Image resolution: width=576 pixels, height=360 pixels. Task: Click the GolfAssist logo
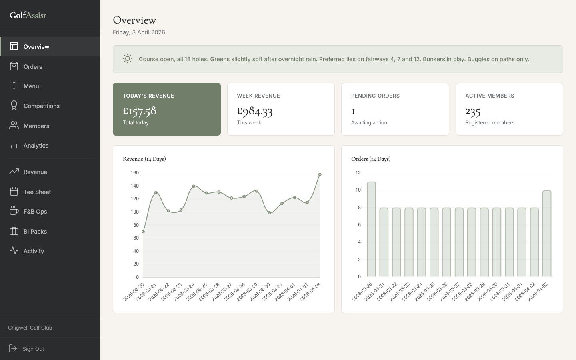(28, 15)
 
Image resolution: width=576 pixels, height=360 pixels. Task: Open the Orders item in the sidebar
(33, 67)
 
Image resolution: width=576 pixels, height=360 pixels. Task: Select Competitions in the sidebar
(41, 106)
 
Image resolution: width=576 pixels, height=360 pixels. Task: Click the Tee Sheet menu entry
(37, 192)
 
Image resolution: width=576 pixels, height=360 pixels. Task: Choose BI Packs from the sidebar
(35, 232)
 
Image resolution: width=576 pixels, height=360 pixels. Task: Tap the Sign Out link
(33, 349)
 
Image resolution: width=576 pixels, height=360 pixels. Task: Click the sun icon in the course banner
(128, 59)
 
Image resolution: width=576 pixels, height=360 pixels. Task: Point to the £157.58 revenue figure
(140, 110)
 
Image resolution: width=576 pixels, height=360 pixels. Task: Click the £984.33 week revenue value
(255, 110)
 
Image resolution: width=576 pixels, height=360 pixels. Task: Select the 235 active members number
(473, 111)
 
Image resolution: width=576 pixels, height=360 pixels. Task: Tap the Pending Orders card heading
(375, 96)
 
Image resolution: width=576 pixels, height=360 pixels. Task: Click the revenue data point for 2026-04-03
(320, 175)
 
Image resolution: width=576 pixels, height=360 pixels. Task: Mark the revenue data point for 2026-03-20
(143, 232)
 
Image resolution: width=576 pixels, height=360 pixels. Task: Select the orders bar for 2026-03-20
(371, 230)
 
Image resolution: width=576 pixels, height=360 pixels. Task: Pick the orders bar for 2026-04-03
(547, 234)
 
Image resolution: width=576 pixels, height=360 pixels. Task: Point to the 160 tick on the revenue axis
(134, 173)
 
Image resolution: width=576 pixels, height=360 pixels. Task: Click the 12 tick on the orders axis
(358, 173)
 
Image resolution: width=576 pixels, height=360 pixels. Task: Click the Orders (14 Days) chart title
(371, 159)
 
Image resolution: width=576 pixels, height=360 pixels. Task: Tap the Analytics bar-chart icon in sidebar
(14, 145)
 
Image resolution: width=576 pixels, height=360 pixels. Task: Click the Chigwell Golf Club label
(30, 328)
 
